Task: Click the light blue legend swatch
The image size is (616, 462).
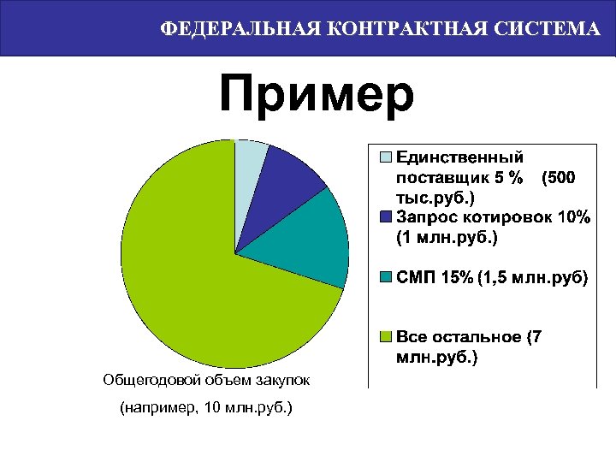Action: (x=386, y=157)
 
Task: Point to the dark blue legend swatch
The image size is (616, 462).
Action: (x=386, y=216)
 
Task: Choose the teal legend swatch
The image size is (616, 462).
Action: (x=386, y=278)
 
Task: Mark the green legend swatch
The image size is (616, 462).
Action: (x=386, y=337)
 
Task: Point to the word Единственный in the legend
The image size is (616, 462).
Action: (x=460, y=157)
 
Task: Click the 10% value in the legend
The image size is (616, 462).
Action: (x=572, y=216)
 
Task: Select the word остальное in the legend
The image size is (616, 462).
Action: (x=478, y=337)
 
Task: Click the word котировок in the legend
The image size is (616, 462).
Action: (x=502, y=216)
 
